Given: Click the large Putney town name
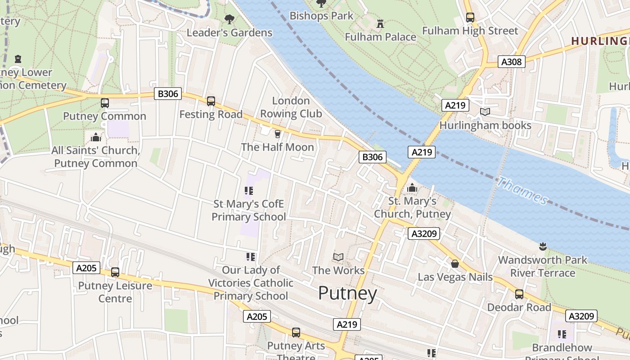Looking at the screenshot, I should [347, 293].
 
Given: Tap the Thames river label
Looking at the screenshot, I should [522, 191].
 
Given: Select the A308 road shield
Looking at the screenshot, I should [512, 62].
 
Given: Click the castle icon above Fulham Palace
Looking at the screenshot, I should [380, 23].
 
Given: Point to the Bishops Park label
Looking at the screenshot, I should [321, 16].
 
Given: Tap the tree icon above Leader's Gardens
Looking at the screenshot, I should [229, 19].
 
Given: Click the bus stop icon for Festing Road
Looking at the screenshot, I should [211, 101].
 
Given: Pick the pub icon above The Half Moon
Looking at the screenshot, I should [277, 134].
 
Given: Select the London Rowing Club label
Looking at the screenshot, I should [291, 107].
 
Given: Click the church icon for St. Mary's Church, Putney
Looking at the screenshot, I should [412, 188].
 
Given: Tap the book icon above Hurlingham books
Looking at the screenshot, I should [485, 112].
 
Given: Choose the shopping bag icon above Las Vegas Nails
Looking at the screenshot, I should [455, 264].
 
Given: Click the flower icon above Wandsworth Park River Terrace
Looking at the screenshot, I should [542, 247].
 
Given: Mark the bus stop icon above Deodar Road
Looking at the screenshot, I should [519, 294].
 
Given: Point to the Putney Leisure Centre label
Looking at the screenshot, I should [115, 292].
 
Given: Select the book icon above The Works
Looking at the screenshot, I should [338, 257].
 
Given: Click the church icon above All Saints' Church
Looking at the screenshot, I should [95, 137].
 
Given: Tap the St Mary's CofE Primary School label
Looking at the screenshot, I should [248, 211].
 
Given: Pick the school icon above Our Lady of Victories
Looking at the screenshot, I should [251, 257].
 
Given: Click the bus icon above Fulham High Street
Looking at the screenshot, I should [470, 18].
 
